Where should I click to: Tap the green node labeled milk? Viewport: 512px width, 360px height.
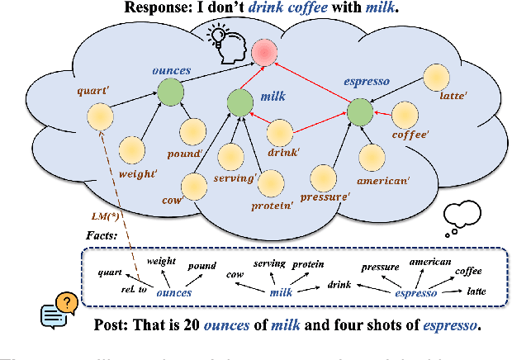click(x=240, y=104)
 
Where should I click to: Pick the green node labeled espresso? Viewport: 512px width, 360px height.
click(x=361, y=110)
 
